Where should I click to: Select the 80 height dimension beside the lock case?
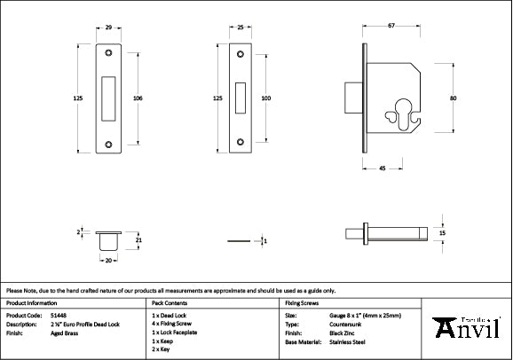click(453, 98)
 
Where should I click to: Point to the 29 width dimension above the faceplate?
click(107, 28)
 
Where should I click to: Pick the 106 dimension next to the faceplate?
click(138, 98)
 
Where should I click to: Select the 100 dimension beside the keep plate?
click(265, 98)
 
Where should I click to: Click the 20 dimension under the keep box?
click(109, 262)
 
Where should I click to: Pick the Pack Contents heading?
click(169, 302)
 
